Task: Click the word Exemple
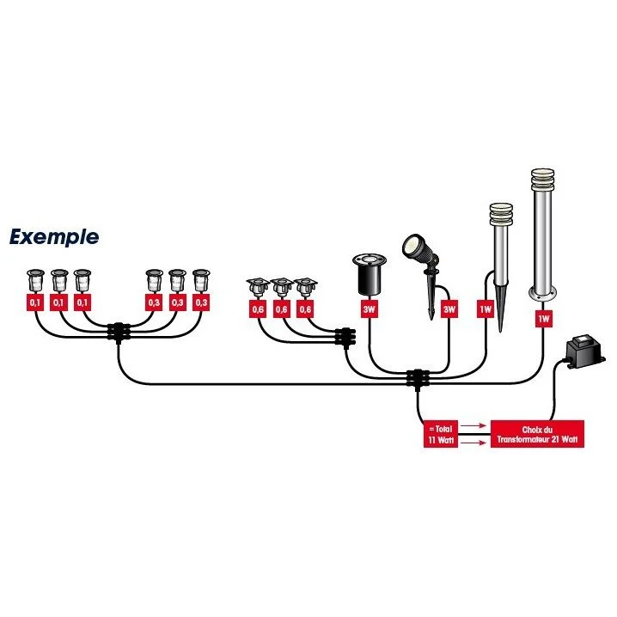pyautogui.click(x=54, y=237)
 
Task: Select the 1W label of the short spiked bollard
pyautogui.click(x=486, y=308)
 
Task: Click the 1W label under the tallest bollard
pyautogui.click(x=542, y=318)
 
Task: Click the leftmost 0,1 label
pyautogui.click(x=35, y=302)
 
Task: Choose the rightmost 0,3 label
pyautogui.click(x=201, y=302)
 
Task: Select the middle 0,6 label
pyautogui.click(x=281, y=308)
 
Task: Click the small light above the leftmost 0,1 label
pyautogui.click(x=35, y=279)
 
